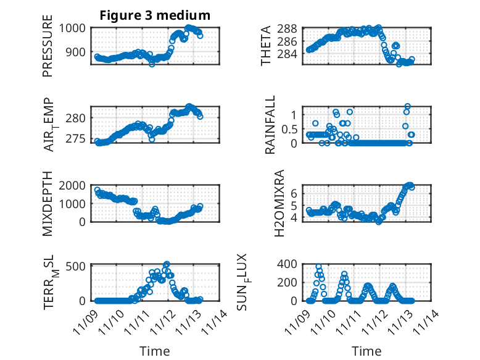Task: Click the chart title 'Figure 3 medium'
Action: pyautogui.click(x=155, y=15)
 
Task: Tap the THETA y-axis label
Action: pyautogui.click(x=266, y=46)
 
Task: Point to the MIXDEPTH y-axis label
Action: pyautogui.click(x=48, y=204)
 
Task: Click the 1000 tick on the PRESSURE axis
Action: pyautogui.click(x=76, y=28)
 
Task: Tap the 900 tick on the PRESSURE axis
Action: pyautogui.click(x=79, y=52)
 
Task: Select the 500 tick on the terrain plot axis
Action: pyautogui.click(x=79, y=266)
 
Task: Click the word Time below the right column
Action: pyautogui.click(x=366, y=351)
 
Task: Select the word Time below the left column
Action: pyautogui.click(x=154, y=351)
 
